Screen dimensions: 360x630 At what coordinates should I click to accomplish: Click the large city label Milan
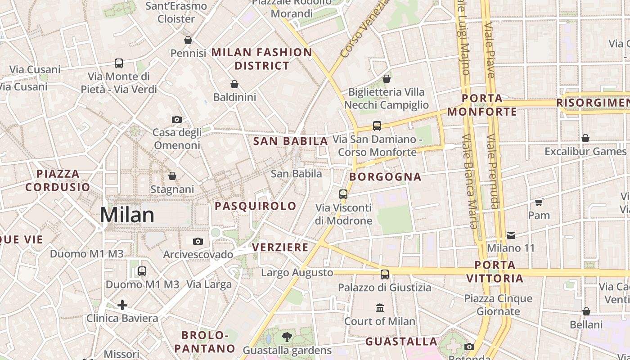pyautogui.click(x=127, y=215)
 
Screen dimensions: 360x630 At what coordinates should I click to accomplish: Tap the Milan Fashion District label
pyautogui.click(x=262, y=59)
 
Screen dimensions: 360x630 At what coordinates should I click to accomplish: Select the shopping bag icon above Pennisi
pyautogui.click(x=188, y=40)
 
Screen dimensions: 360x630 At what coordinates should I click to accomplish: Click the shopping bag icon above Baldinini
pyautogui.click(x=234, y=84)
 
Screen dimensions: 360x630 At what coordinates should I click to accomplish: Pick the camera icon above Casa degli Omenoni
pyautogui.click(x=177, y=119)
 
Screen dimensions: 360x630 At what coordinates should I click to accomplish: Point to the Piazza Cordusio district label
pyautogui.click(x=58, y=180)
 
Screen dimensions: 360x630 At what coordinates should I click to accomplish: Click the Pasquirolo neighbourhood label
pyautogui.click(x=256, y=206)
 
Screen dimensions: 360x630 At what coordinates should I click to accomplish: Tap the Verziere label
pyautogui.click(x=280, y=247)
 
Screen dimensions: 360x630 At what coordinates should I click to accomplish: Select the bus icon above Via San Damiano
pyautogui.click(x=377, y=126)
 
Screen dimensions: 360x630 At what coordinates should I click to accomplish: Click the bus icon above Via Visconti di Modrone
pyautogui.click(x=343, y=194)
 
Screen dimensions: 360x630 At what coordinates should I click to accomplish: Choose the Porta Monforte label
pyautogui.click(x=482, y=105)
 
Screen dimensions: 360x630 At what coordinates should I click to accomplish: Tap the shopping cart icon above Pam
pyautogui.click(x=539, y=202)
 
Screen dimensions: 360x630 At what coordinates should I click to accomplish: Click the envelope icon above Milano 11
pyautogui.click(x=511, y=235)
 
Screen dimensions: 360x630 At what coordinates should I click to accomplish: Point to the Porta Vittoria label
pyautogui.click(x=495, y=272)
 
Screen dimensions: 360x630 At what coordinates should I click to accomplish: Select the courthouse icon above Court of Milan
pyautogui.click(x=380, y=308)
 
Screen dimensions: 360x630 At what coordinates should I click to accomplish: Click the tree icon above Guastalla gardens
pyautogui.click(x=287, y=337)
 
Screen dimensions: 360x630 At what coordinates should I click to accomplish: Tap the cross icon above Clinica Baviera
pyautogui.click(x=122, y=306)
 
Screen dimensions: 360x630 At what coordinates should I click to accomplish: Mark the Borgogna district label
pyautogui.click(x=385, y=177)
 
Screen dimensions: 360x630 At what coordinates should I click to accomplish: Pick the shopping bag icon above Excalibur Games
pyautogui.click(x=585, y=138)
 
